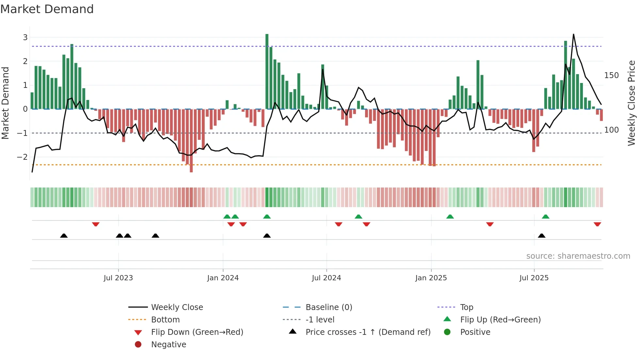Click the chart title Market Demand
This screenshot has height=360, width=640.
point(47,9)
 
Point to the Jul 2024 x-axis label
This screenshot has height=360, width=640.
point(326,278)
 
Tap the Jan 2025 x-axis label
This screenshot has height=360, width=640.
point(431,278)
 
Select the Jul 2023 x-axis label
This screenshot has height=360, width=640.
point(118,278)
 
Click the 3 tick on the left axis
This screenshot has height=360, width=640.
point(25,38)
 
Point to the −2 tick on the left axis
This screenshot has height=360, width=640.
point(23,157)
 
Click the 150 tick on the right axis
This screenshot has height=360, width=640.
point(611,75)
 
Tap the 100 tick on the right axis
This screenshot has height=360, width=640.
point(611,130)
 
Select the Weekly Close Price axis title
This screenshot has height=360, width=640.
point(632,103)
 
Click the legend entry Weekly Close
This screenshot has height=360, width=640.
point(177,307)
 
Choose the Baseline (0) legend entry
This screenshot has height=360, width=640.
point(328,307)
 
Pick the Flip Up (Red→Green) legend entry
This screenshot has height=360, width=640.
point(500,320)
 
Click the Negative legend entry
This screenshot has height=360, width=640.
point(168,345)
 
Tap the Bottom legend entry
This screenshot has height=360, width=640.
point(165,320)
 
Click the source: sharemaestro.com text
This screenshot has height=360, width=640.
point(578,256)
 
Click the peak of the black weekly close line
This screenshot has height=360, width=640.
point(573,34)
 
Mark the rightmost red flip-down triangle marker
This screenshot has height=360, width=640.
point(597,224)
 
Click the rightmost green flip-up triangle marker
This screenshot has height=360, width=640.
point(545,217)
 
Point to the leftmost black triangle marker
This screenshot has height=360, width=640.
point(64,236)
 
